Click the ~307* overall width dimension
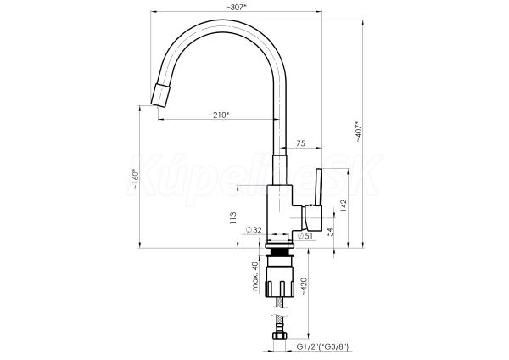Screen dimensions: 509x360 tap(236, 7)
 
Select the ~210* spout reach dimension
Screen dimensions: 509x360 tap(219, 115)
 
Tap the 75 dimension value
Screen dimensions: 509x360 tap(301, 143)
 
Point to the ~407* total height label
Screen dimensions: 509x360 tap(358, 132)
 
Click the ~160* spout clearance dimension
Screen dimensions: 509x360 tap(136, 179)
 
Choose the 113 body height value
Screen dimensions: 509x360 tap(232, 218)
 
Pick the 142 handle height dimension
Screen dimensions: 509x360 tap(344, 206)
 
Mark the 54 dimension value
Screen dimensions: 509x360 tap(330, 232)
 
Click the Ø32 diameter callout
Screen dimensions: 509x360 tap(254, 230)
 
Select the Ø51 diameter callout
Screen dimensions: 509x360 tap(305, 236)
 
